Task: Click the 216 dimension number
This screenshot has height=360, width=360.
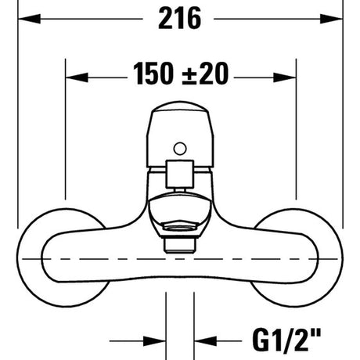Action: tap(180, 18)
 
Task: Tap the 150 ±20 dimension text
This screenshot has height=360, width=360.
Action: tap(181, 74)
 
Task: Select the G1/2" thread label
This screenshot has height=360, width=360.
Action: tap(286, 340)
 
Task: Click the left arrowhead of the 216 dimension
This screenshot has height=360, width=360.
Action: tap(29, 19)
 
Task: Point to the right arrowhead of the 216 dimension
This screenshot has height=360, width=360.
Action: tap(331, 19)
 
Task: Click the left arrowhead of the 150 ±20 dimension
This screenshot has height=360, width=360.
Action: tap(77, 77)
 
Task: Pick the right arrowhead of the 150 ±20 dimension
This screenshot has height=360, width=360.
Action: tap(285, 77)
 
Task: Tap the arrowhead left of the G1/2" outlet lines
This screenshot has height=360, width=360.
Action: tap(154, 341)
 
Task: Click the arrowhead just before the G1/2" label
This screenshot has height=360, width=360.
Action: tap(206, 341)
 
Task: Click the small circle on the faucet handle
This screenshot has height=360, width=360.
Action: tap(180, 149)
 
